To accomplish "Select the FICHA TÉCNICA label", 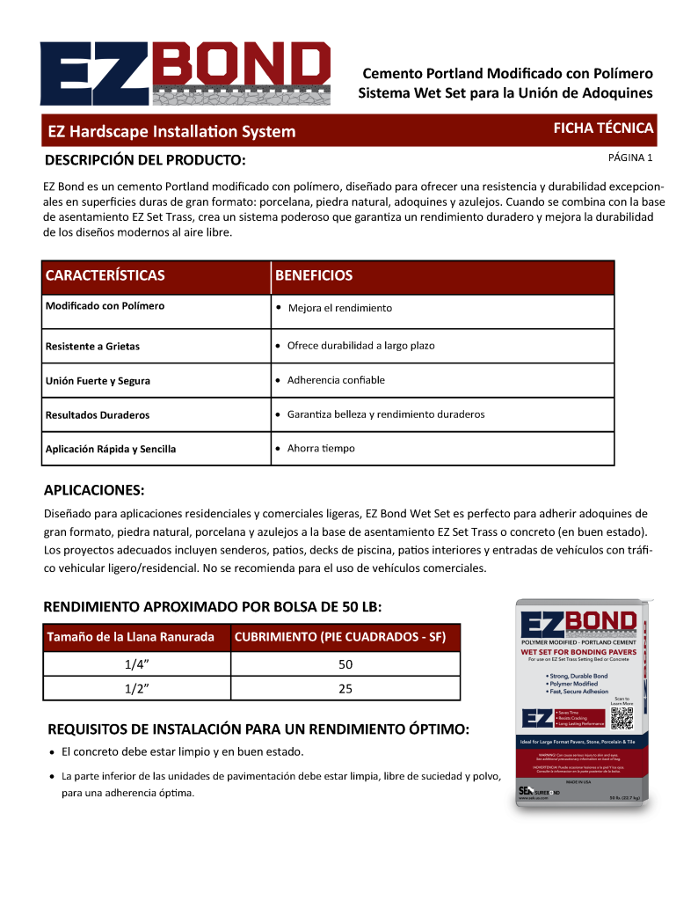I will [602, 128].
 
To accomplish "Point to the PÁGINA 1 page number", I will [630, 158].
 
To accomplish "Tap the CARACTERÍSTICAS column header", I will [105, 275].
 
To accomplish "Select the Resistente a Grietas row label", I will [92, 346].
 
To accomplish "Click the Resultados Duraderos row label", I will [98, 414].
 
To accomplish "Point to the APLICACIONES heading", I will [94, 489].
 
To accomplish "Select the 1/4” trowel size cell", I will [135, 664].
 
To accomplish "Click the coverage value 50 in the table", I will [345, 664].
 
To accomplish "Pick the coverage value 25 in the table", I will [345, 688].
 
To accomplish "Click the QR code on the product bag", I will [622, 718].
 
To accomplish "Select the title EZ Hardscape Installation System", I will [171, 132].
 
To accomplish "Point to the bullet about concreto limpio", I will [183, 752].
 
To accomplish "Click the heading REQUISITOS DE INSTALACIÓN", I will [258, 729].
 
